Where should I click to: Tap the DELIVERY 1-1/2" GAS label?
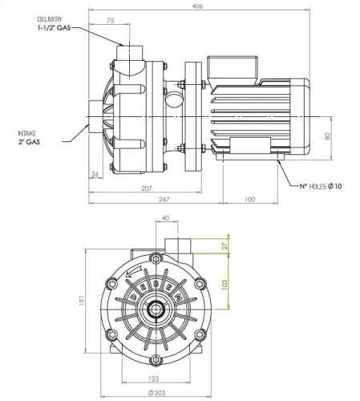tap(53, 24)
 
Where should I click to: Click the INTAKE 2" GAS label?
tap(29, 137)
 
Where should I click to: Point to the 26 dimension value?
tap(95, 174)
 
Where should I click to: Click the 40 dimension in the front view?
tap(165, 218)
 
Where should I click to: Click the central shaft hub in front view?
tap(152, 308)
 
